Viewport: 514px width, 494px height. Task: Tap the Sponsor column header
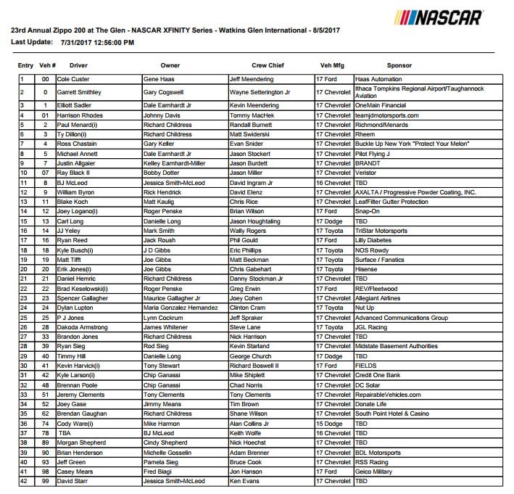[x=399, y=65]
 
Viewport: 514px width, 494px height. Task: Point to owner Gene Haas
[x=160, y=78]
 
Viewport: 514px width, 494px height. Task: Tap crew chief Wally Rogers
[x=249, y=229]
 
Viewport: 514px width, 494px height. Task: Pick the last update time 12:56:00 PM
[x=109, y=43]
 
